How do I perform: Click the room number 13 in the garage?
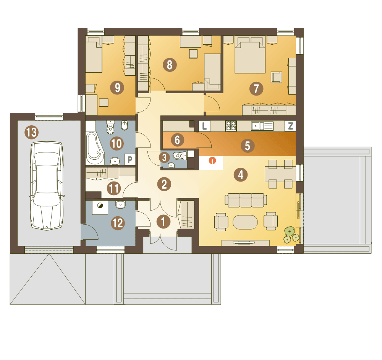click(x=32, y=132)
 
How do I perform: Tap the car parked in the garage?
click(x=47, y=186)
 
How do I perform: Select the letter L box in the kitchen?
click(x=204, y=126)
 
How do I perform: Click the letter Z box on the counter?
click(x=290, y=126)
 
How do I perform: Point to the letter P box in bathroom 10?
click(x=130, y=159)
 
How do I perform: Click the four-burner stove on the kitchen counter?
click(x=231, y=126)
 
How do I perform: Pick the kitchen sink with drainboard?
click(x=262, y=126)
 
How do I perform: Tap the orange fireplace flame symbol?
click(x=212, y=161)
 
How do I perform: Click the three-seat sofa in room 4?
click(x=246, y=200)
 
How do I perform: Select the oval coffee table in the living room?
click(x=245, y=222)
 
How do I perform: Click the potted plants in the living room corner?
click(x=291, y=235)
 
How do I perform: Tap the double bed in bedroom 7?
click(x=250, y=55)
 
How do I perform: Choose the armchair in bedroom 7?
click(x=277, y=77)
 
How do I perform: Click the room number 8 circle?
click(x=170, y=65)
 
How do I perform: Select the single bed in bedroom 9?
click(x=94, y=54)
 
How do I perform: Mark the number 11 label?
click(x=114, y=188)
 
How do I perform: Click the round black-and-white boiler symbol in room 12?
click(x=100, y=206)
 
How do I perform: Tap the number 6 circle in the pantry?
click(x=177, y=140)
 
